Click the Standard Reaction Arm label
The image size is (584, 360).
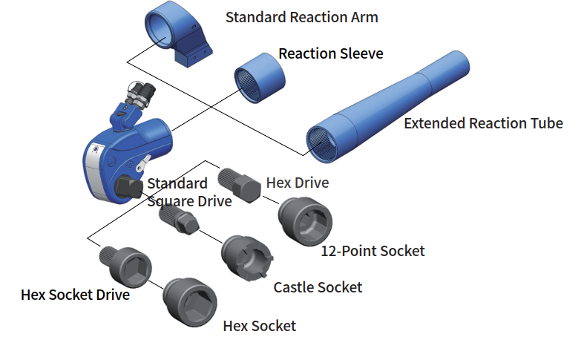301,17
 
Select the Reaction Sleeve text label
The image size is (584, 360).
331,54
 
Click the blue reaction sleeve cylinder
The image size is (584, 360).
261,73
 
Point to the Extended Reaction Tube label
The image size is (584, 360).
483,123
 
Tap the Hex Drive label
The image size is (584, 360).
296,183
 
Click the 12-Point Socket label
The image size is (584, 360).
373,251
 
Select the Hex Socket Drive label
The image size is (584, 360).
76,295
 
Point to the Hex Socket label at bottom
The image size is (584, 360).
260,326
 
